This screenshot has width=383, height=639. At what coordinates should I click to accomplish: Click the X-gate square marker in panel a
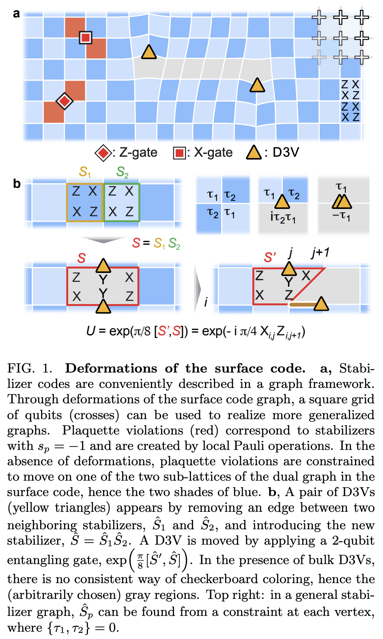pyautogui.click(x=85, y=38)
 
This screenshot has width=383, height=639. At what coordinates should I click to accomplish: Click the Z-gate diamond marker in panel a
pyautogui.click(x=64, y=100)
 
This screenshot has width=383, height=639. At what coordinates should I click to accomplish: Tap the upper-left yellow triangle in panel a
pyautogui.click(x=149, y=52)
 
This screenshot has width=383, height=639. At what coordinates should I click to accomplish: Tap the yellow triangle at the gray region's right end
pyautogui.click(x=257, y=85)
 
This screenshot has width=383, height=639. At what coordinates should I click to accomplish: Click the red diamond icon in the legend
pyautogui.click(x=103, y=153)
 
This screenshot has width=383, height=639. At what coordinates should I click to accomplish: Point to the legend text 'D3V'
pyautogui.click(x=286, y=153)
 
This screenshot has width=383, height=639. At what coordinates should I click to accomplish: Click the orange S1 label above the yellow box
pyautogui.click(x=84, y=172)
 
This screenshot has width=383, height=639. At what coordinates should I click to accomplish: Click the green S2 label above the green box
pyautogui.click(x=122, y=172)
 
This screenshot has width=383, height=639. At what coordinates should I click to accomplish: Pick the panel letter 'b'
pyautogui.click(x=17, y=184)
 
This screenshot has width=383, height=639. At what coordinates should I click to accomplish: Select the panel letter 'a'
pyautogui.click(x=16, y=14)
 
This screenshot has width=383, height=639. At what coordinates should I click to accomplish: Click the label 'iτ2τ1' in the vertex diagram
pyautogui.click(x=283, y=217)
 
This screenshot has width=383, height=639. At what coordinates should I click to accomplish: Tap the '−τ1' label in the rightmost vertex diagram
pyautogui.click(x=341, y=216)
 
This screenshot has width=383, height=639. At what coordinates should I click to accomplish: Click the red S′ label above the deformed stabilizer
pyautogui.click(x=270, y=257)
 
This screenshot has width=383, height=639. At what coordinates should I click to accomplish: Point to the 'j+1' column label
pyautogui.click(x=320, y=253)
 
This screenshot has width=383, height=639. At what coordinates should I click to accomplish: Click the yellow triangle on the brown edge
pyautogui.click(x=321, y=304)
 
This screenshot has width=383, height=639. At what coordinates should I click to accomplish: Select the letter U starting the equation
pyautogui.click(x=91, y=331)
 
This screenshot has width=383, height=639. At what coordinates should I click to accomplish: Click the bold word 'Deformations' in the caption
pyautogui.click(x=111, y=368)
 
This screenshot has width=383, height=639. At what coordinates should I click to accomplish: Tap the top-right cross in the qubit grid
pyautogui.click(x=361, y=17)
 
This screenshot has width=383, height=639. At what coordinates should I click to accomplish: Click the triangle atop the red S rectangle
pyautogui.click(x=103, y=266)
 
